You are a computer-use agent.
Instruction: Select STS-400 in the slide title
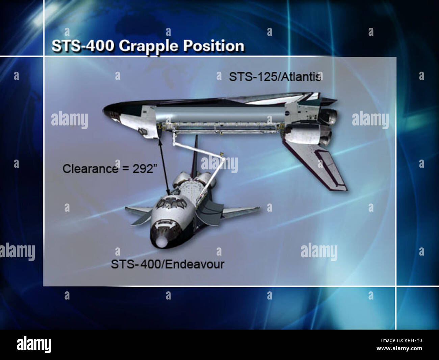[x=82, y=46]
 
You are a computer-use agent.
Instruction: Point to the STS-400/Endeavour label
[x=167, y=264]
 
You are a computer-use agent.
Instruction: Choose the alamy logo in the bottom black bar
[x=34, y=345]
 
